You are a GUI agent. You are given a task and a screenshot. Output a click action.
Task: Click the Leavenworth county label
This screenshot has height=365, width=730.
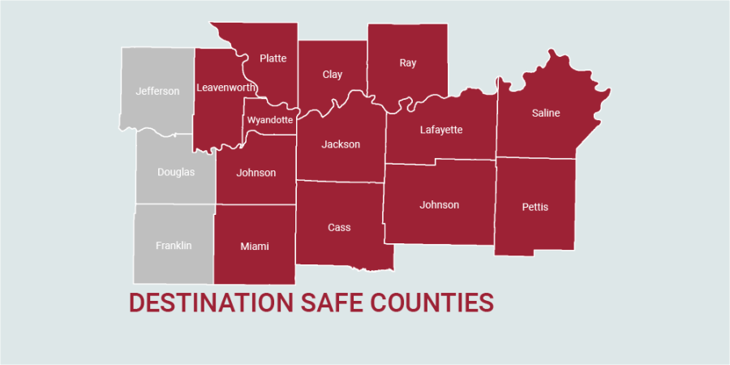pos(226,87)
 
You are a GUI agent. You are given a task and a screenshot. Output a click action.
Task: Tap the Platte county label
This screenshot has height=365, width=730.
pos(273,58)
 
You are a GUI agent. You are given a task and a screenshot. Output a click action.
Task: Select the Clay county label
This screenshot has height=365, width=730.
pos(333,75)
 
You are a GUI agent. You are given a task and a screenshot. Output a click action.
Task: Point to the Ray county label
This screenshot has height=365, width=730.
pos(407,62)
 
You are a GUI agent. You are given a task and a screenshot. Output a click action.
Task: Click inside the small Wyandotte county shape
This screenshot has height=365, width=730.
pos(270,120)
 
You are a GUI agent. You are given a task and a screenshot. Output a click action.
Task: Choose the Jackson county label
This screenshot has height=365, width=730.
pos(341,144)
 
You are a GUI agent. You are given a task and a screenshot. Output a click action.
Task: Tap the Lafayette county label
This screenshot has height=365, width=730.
pos(441,129)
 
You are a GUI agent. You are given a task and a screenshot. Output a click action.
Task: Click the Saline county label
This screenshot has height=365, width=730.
pos(546,113)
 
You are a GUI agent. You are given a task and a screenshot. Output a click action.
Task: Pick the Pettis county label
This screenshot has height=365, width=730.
pos(535,207)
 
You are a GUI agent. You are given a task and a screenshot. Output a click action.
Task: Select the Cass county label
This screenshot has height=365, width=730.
pos(339,227)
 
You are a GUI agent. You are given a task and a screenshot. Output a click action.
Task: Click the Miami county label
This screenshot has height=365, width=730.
pos(255,246)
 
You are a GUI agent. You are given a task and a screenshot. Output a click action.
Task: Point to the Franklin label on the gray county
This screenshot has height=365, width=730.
pos(174,245)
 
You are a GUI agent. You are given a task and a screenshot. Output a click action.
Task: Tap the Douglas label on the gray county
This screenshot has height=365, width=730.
pos(176,172)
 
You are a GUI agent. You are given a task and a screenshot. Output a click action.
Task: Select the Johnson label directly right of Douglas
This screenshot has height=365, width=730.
pos(256,173)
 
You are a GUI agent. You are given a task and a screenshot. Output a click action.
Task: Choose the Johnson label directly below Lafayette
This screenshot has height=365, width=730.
pos(440,204)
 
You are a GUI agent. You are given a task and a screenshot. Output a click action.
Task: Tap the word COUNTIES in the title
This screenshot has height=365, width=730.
pos(432,303)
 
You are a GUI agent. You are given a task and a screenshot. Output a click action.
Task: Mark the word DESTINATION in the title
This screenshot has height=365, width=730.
pos(209,303)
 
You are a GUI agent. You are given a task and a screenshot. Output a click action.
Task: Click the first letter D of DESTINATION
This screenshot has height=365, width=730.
pos(137,303)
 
